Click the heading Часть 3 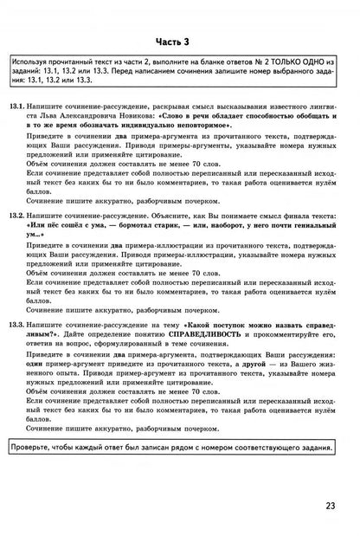coord(180,41)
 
